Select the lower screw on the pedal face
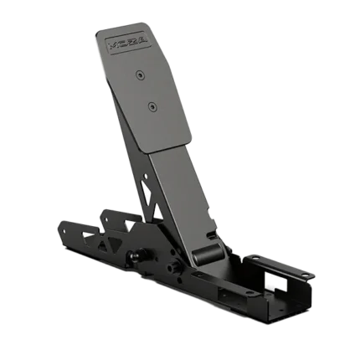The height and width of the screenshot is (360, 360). (x=152, y=106)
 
